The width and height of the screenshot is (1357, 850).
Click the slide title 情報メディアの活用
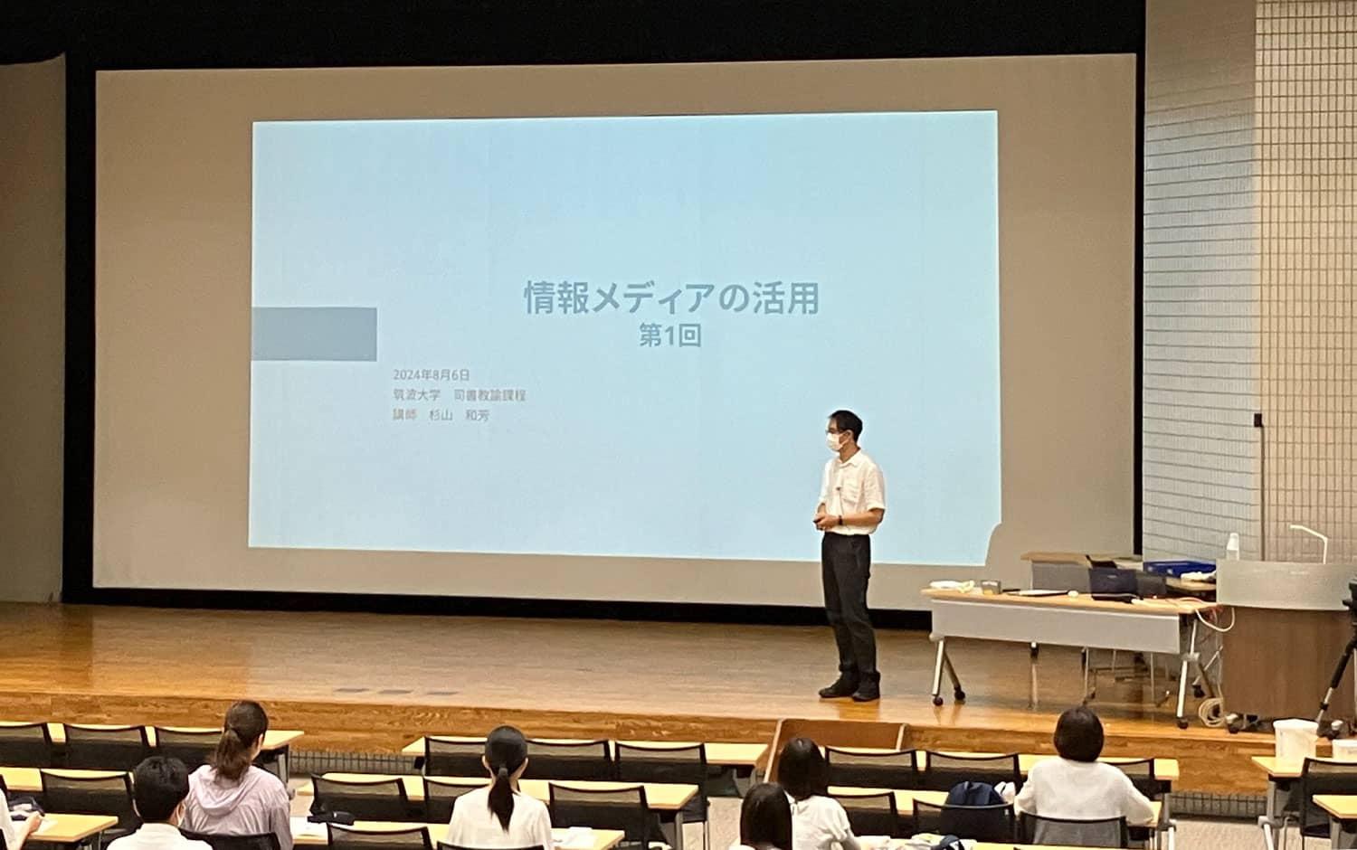(671, 298)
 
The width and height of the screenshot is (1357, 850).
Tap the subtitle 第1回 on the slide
(671, 336)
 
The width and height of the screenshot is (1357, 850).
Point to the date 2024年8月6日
(432, 374)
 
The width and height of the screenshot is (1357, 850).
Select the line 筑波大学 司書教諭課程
(460, 395)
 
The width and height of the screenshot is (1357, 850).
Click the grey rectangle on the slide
(313, 334)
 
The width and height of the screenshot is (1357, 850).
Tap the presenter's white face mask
(837, 442)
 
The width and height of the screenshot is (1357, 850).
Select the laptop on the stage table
(1111, 580)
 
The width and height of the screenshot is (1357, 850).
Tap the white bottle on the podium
(1231, 546)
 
